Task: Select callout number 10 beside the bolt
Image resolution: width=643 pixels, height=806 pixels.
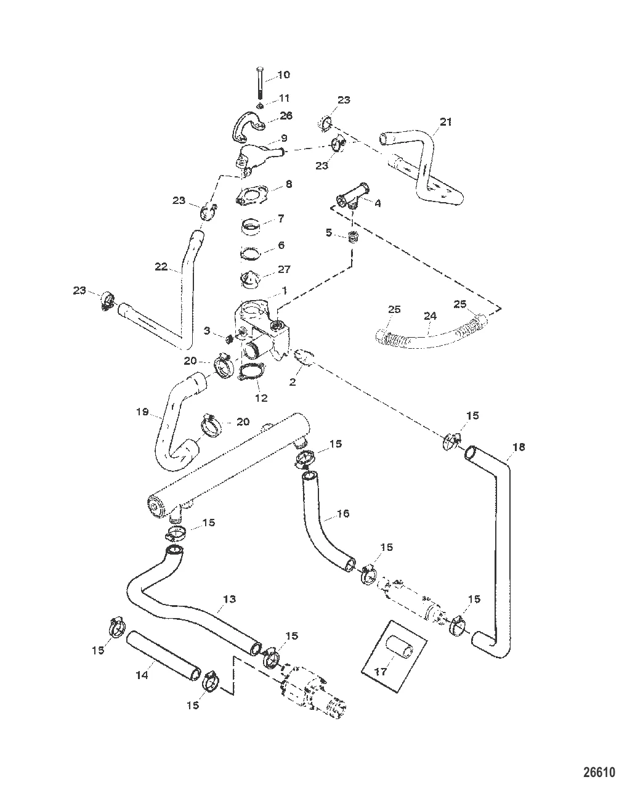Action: tap(283, 75)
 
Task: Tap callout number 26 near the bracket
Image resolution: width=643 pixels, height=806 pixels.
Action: tap(286, 116)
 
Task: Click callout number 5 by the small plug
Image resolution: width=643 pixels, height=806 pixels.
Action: tap(330, 233)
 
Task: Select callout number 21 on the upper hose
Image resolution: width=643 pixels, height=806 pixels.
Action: tap(446, 121)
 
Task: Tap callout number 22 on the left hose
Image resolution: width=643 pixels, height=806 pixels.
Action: tap(161, 266)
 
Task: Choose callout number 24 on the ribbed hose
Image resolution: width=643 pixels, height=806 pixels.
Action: tap(430, 316)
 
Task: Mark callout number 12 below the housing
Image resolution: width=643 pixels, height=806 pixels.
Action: tap(261, 398)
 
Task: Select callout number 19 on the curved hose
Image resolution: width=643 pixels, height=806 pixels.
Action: tap(143, 412)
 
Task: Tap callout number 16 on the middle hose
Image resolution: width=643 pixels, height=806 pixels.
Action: tap(343, 514)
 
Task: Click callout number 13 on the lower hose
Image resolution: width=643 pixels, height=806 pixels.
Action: tap(229, 598)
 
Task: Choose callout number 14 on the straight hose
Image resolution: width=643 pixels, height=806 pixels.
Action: tap(141, 675)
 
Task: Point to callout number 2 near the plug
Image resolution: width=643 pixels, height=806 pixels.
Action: tap(293, 382)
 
